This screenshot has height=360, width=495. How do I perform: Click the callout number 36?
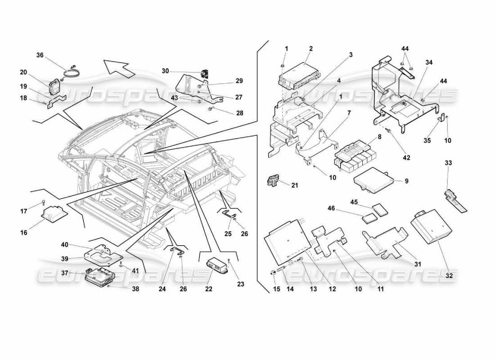coord(40,55)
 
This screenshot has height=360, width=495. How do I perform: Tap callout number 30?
coord(165,71)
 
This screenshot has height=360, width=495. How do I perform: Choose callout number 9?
coord(406,181)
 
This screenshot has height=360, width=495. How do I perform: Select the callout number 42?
coord(407,158)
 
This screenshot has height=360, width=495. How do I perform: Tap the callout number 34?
coord(429,63)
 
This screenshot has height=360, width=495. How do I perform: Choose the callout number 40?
coord(65,245)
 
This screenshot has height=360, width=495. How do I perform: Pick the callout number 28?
coord(240,113)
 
